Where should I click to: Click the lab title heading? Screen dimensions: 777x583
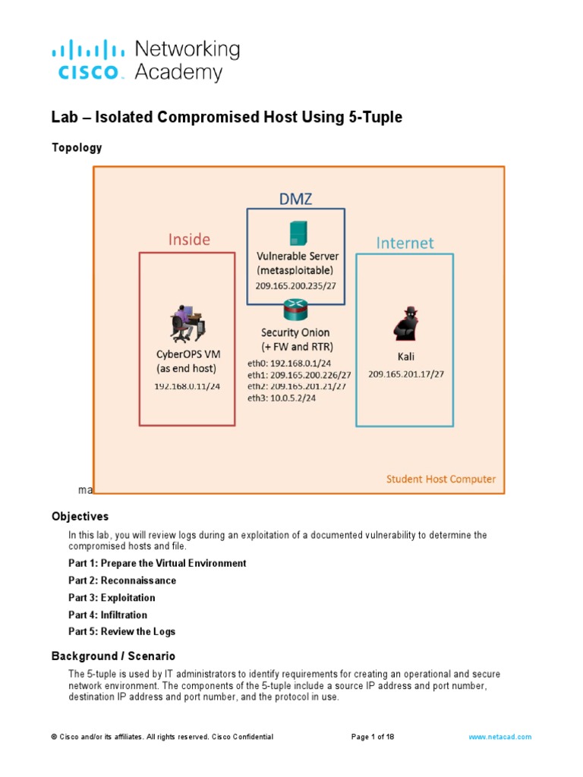pos(226,118)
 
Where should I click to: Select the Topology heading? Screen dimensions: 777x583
pos(77,148)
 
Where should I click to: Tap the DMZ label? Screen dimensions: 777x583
pos(295,199)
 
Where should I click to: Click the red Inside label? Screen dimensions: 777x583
pos(189,240)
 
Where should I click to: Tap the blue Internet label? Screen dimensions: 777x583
pos(405,243)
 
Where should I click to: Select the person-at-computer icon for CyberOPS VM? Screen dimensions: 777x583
pos(186,322)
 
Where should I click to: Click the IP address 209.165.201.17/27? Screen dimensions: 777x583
pos(406,374)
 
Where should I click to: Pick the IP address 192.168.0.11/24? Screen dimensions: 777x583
pos(188,386)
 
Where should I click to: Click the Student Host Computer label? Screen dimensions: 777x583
pos(441,480)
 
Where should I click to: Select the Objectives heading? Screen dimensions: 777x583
pos(80,517)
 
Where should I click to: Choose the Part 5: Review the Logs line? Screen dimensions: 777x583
pos(121,631)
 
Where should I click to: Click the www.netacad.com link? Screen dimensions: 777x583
pos(499,737)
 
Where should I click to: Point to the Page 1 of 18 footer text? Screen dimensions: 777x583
pos(373,737)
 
